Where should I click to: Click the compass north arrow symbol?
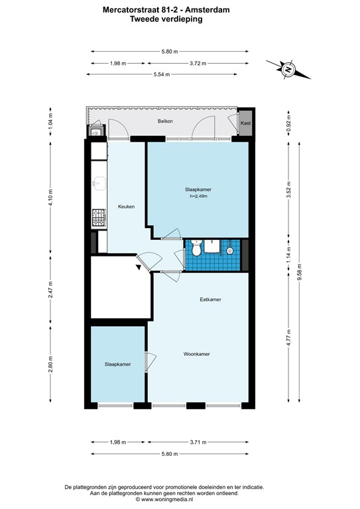pos(288,69)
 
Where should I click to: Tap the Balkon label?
pos(165,121)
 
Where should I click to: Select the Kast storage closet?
pos(245,123)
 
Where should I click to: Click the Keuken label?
pos(126,207)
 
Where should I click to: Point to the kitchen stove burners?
pos(98,217)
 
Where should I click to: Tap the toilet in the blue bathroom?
pos(196,249)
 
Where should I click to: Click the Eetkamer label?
pos(210,300)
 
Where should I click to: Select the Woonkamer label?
pos(197,355)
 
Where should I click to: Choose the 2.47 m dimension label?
pos(50,290)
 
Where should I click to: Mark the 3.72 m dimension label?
pos(198,64)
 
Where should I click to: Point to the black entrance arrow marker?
pos(139,267)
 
